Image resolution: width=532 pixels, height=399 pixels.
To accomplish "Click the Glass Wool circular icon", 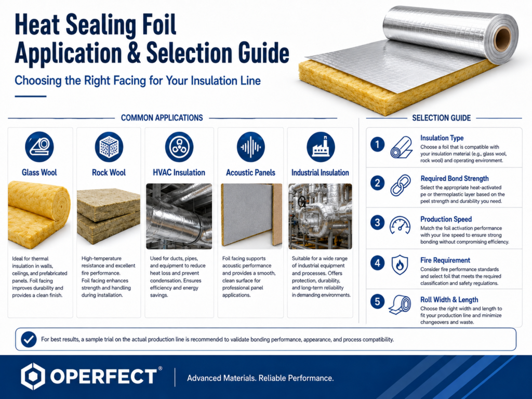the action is (39, 147).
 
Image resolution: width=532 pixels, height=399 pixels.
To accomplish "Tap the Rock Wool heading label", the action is (109, 172).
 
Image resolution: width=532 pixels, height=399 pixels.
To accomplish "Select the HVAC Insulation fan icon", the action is (179, 147).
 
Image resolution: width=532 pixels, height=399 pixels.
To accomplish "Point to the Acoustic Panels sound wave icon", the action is (251, 147).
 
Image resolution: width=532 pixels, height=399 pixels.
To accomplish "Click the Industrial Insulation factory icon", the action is (321, 147).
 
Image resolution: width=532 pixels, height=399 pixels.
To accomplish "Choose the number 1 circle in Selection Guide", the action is (377, 144).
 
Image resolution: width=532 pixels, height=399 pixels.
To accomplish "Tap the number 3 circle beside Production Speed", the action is (377, 222).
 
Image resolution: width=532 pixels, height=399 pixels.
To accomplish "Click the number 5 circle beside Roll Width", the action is (377, 301).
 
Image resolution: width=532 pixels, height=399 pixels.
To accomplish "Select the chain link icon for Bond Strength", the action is (401, 185).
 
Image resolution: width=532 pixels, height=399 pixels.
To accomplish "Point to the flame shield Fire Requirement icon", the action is (400, 264).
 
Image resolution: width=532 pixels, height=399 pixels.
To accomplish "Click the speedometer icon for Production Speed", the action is (400, 225).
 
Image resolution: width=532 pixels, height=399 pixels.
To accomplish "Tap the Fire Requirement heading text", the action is (445, 260).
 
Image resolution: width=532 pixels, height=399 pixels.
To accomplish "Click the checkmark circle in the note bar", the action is (29, 339).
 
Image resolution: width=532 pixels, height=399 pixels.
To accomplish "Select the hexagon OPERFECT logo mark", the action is (33, 376).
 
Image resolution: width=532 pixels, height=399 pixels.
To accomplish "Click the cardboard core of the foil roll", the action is (502, 38).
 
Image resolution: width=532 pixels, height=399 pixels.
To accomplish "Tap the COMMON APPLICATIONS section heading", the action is (162, 118).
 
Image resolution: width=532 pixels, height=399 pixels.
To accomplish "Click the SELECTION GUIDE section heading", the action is (442, 118).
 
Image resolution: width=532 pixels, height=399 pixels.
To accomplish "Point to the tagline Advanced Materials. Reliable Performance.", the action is (260, 378).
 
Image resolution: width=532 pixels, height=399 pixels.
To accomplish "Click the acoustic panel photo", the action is (251, 215).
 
